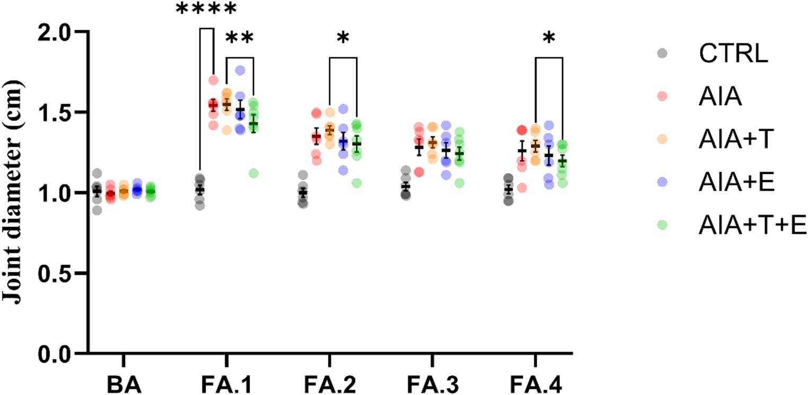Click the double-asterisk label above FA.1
240,39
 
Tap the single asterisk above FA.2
343,39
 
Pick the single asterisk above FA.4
549,39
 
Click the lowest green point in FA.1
253,174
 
